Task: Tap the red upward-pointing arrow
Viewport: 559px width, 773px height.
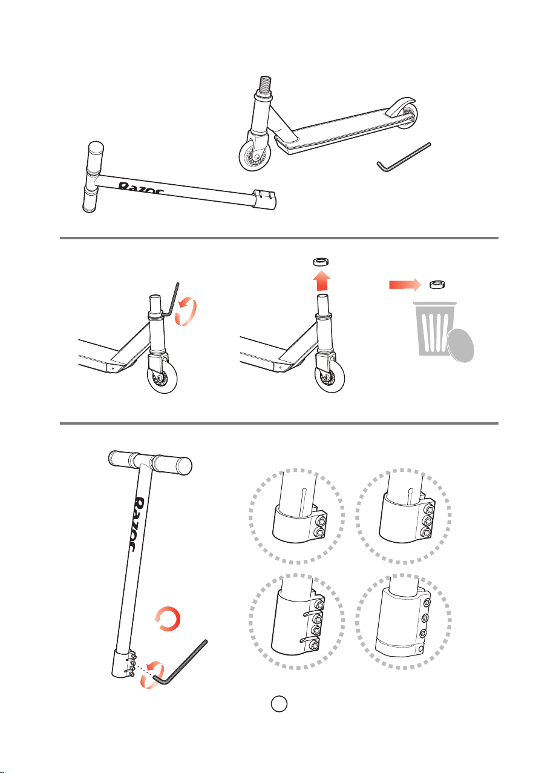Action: [x=321, y=280]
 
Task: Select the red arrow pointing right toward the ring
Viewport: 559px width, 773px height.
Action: [x=405, y=285]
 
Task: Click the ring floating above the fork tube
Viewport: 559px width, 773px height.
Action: [x=321, y=261]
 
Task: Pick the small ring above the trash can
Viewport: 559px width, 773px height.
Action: [x=437, y=285]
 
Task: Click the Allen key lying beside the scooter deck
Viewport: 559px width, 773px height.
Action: [x=404, y=157]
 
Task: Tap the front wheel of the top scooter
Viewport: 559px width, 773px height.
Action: [x=254, y=156]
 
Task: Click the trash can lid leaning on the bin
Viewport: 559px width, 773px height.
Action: [x=461, y=345]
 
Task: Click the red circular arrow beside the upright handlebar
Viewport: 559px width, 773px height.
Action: [x=168, y=619]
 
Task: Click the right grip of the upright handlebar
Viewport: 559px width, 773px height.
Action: [x=172, y=465]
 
